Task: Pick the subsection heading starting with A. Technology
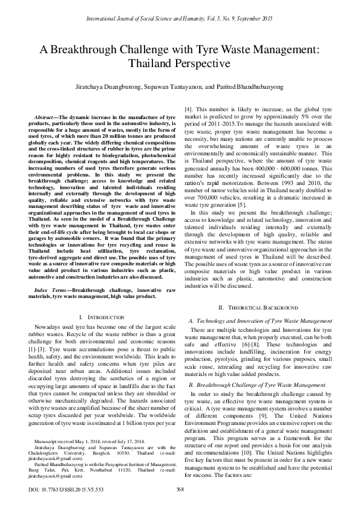[260, 320]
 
